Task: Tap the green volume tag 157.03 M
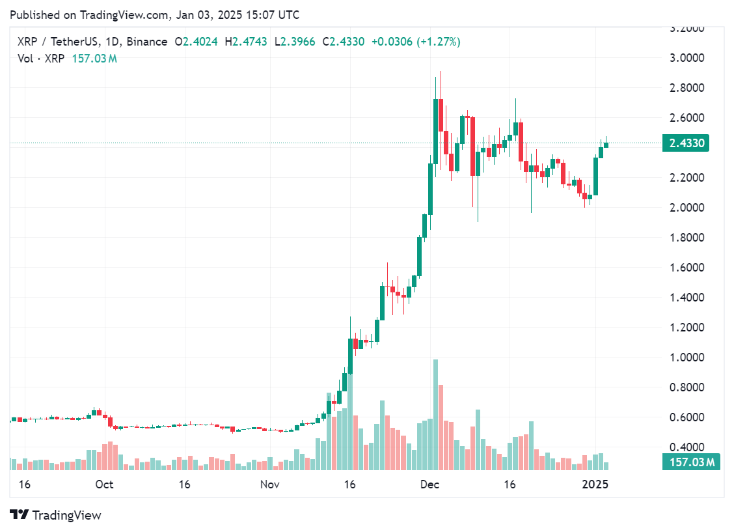coord(690,462)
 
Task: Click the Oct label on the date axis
coord(104,484)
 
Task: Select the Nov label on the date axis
coord(269,484)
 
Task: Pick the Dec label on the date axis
coord(429,484)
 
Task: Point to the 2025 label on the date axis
coord(595,484)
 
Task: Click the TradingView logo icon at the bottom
coord(20,515)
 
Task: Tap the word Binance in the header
coord(147,42)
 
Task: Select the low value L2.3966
coord(295,42)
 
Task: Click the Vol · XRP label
coord(40,59)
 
